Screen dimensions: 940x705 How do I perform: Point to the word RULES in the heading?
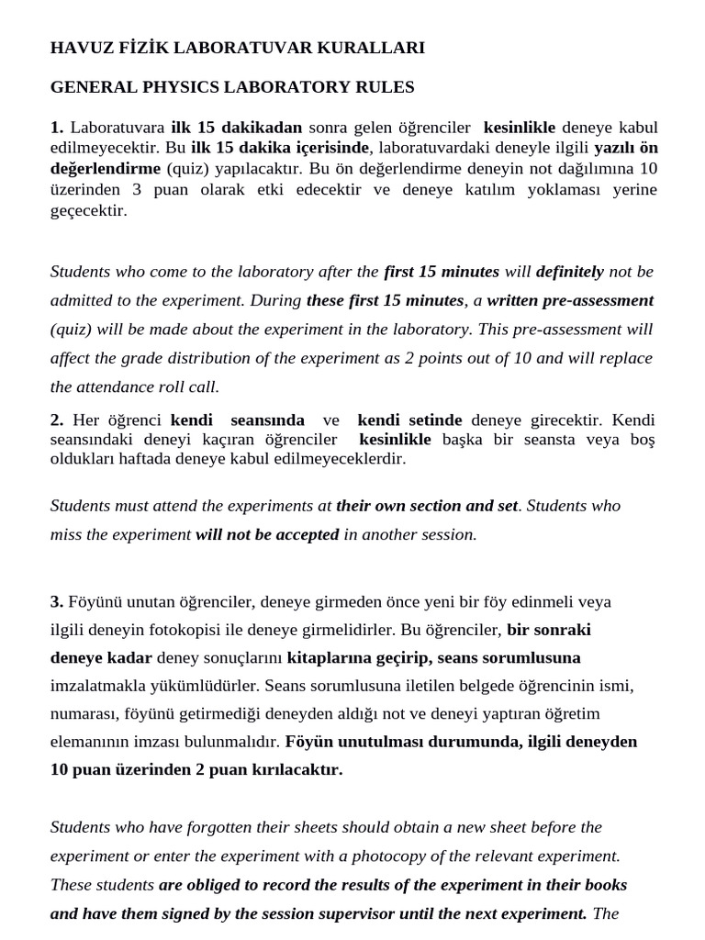point(389,87)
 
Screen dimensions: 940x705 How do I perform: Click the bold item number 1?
point(57,128)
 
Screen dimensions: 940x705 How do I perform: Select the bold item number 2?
point(57,420)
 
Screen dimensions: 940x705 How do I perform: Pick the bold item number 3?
point(57,602)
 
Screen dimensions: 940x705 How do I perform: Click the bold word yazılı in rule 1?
point(615,148)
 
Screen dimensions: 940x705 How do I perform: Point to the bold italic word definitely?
point(571,272)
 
